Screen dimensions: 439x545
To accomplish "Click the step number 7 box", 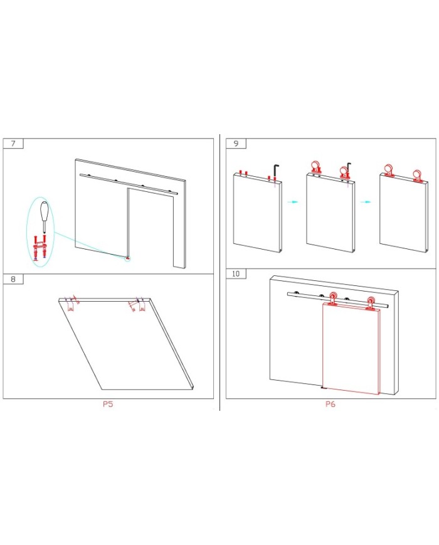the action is (x=13, y=144).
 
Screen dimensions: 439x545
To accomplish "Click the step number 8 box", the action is (x=13, y=279).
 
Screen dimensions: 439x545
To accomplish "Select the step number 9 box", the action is (x=236, y=144).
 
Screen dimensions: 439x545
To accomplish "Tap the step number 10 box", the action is (x=236, y=274).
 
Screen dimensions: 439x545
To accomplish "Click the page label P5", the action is (x=108, y=404).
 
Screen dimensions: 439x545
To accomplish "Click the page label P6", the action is (x=331, y=404).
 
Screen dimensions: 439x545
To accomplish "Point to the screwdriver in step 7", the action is (x=43, y=216).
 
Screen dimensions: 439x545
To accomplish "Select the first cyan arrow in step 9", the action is (x=293, y=201).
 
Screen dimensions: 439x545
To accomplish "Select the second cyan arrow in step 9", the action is (x=366, y=201).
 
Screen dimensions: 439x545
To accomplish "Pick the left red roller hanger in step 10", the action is (x=333, y=299).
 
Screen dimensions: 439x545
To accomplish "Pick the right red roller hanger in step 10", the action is (x=371, y=303).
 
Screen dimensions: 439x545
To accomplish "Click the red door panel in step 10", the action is (x=351, y=349).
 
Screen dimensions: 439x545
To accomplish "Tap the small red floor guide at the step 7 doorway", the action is (x=127, y=258).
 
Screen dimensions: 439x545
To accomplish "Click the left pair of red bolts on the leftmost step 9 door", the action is (x=243, y=172).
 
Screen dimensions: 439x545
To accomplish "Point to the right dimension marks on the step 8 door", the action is (x=137, y=304).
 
